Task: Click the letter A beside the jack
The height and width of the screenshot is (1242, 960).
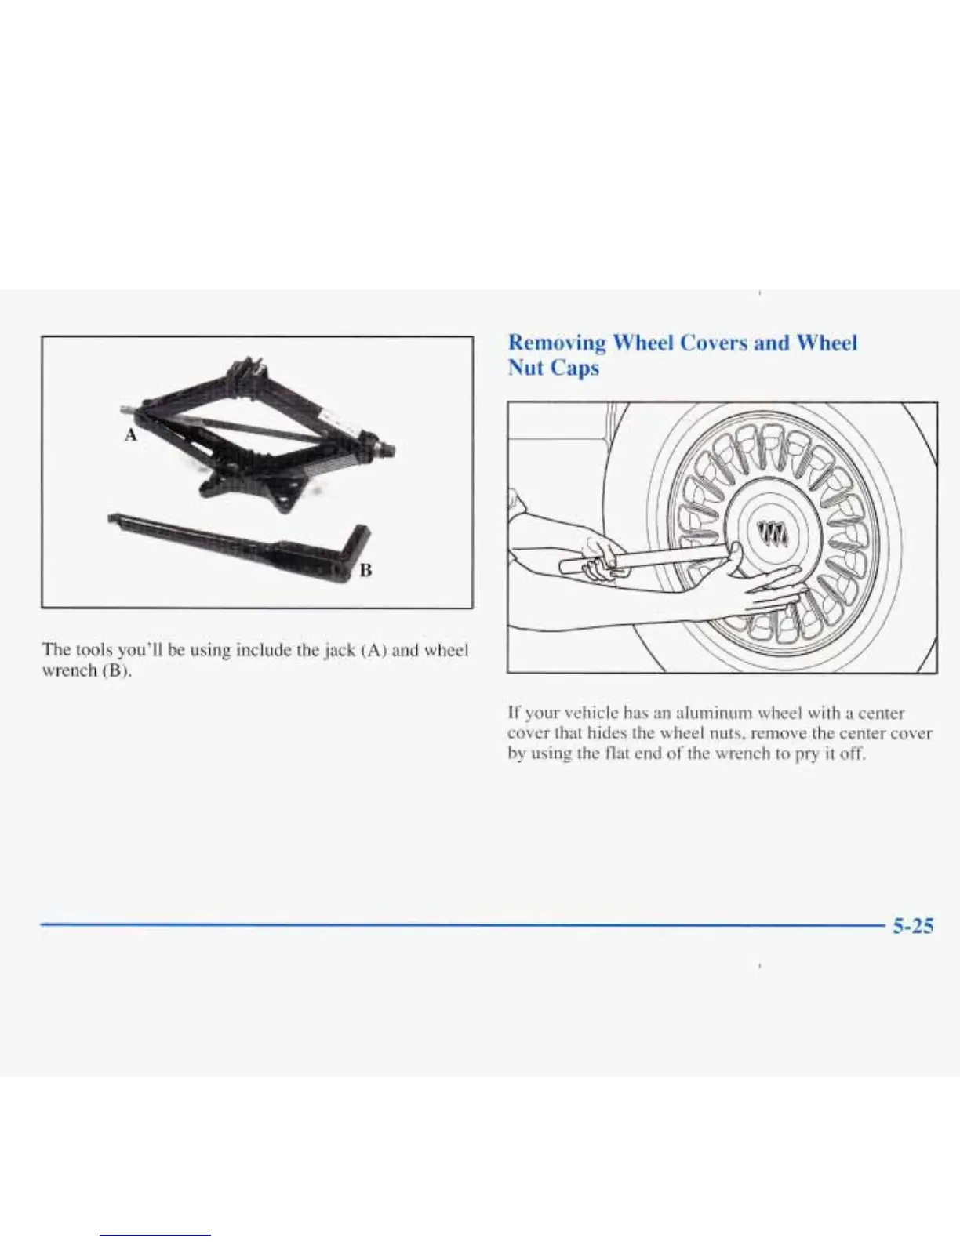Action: (131, 434)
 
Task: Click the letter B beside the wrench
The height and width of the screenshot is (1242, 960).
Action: (365, 570)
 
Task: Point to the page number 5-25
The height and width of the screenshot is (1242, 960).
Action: (912, 926)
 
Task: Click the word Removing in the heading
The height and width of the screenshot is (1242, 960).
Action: (557, 343)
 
